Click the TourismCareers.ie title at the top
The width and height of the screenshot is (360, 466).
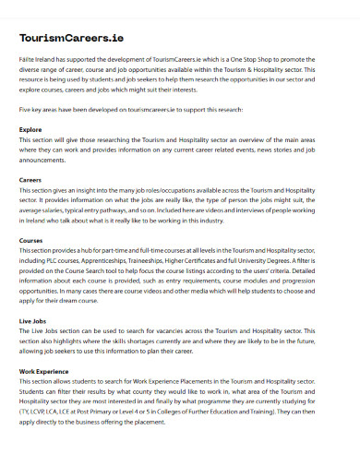(71, 39)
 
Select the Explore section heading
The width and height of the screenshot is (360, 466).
(30, 130)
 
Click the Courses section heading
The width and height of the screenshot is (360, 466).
(31, 240)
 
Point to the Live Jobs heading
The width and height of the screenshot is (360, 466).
(34, 320)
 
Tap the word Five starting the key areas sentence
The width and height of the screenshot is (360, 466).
(26, 110)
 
